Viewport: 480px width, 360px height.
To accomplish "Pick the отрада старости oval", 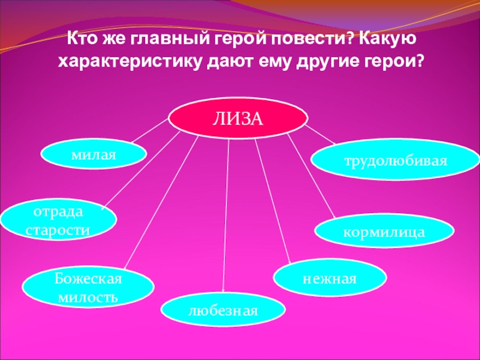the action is click(58, 220).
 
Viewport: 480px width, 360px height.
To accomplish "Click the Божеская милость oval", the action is click(88, 288).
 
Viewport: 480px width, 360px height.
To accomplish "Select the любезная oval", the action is click(223, 311).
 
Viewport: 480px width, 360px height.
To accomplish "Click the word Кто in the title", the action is click(80, 39).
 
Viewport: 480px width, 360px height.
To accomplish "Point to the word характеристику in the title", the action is click(133, 61).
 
